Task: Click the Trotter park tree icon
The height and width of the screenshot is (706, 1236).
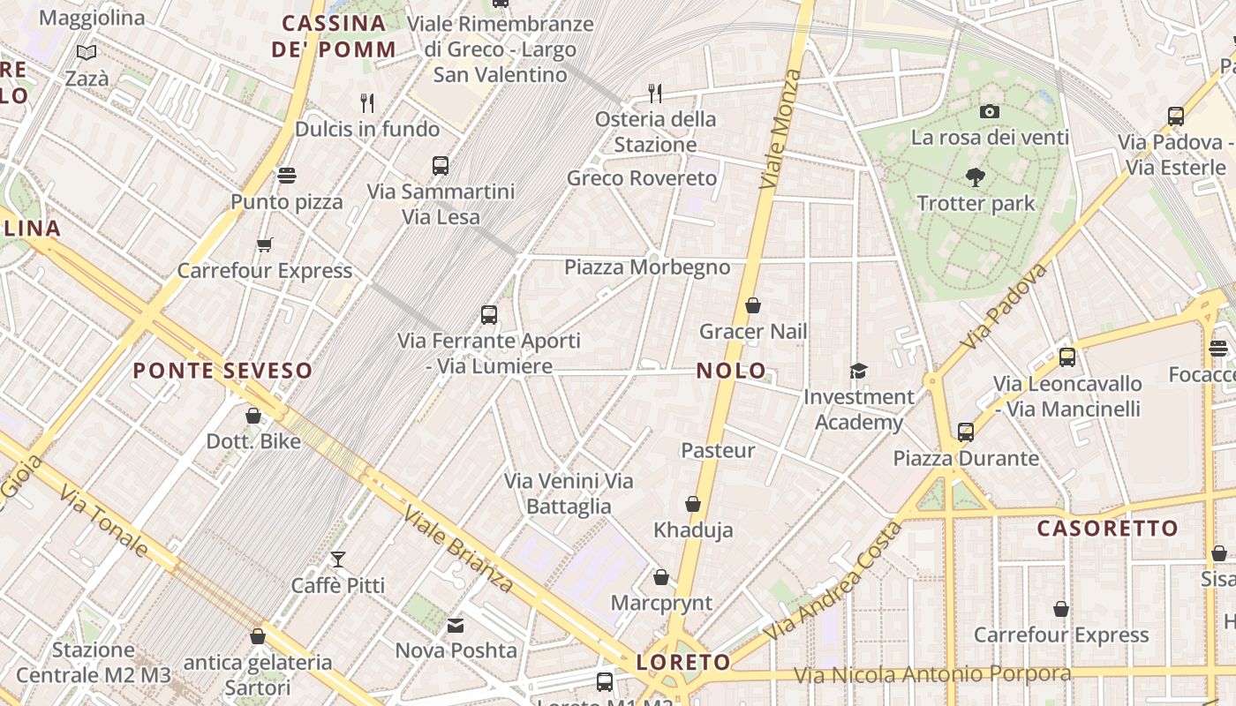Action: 976,177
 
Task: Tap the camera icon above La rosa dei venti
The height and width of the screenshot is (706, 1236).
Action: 990,111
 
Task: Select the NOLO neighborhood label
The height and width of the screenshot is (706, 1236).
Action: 731,371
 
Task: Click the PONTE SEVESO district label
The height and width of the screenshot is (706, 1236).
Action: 223,371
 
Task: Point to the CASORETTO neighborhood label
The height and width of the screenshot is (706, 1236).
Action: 1107,529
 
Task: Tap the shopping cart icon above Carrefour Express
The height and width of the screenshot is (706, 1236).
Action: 264,244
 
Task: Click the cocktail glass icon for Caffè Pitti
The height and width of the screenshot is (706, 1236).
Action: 338,559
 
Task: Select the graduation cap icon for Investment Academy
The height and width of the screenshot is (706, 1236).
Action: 858,371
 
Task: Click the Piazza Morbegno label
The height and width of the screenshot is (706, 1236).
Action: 647,267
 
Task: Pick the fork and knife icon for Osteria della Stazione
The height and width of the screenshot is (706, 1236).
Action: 654,93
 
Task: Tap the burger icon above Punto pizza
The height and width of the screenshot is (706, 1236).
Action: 287,175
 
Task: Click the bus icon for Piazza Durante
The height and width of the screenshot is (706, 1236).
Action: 966,432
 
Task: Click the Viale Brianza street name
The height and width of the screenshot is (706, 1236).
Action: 458,549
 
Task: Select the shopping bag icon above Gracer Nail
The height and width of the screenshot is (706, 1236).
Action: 753,305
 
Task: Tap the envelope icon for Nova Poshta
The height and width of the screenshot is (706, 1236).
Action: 456,626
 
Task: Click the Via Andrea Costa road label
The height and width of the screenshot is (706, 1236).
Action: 834,582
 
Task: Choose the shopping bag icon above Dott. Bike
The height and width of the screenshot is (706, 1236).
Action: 253,415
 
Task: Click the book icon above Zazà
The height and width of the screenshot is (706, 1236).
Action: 87,53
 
